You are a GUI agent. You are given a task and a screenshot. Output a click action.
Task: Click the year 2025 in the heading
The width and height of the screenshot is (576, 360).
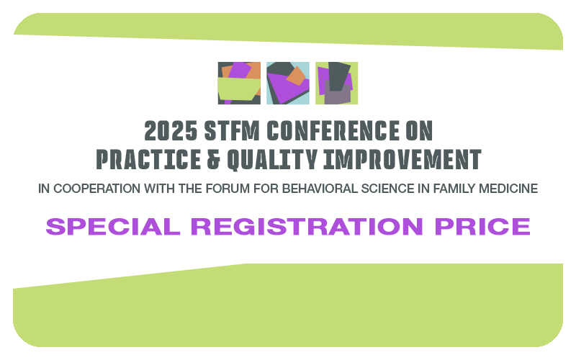coord(171,131)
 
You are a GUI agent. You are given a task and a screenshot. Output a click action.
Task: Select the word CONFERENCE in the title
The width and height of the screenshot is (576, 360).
coord(333,131)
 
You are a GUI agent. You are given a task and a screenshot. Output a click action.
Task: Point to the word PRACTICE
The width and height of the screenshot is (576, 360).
coord(148,159)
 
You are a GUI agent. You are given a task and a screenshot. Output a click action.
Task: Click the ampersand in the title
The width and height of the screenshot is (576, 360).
coord(214,159)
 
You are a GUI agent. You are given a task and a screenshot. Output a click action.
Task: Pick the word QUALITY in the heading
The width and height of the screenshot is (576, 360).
coord(272,160)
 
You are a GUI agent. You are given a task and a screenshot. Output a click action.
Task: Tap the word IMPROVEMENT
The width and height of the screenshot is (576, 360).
coord(402,159)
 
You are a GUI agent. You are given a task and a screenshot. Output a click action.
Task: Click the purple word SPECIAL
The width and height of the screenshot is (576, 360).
coord(113,226)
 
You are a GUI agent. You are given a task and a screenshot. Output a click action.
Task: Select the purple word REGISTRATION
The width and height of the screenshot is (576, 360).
coord(307,226)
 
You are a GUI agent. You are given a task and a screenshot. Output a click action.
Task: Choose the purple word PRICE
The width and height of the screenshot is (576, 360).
coord(482,226)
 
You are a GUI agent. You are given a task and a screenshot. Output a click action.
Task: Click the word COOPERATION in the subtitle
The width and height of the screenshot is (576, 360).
coord(97,189)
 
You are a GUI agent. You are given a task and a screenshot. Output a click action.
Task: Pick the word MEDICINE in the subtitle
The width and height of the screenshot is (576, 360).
coord(508,189)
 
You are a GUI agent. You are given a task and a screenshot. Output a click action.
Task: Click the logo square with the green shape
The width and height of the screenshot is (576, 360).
coord(239,83)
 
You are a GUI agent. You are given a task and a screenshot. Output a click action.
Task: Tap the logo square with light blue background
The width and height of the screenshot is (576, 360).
coord(288,83)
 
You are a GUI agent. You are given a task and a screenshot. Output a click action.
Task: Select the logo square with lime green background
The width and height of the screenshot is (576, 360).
coord(336,83)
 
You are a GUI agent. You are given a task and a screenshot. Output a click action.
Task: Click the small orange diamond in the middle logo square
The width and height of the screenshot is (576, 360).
coord(296,76)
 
